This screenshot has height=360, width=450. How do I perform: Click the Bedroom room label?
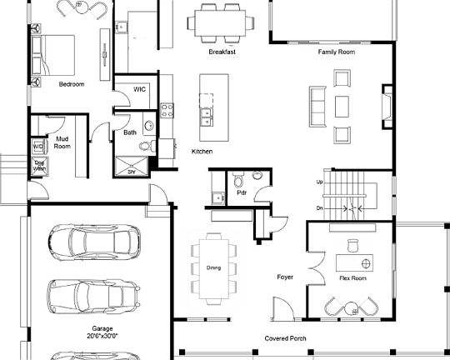71,84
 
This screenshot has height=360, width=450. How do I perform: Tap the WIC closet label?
140,90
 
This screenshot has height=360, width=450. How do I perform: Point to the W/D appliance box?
37,147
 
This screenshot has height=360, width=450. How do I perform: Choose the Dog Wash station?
38,166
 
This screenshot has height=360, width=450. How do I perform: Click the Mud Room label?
62,142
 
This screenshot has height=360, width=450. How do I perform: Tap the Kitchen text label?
202,152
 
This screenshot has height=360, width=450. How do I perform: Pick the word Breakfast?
222,52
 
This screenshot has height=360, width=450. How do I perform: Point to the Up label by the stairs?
319,182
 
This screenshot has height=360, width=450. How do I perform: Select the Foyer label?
285,277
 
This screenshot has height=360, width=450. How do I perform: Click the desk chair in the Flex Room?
351,244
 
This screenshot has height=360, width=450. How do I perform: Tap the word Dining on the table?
213,267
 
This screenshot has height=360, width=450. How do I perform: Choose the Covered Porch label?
286,338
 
